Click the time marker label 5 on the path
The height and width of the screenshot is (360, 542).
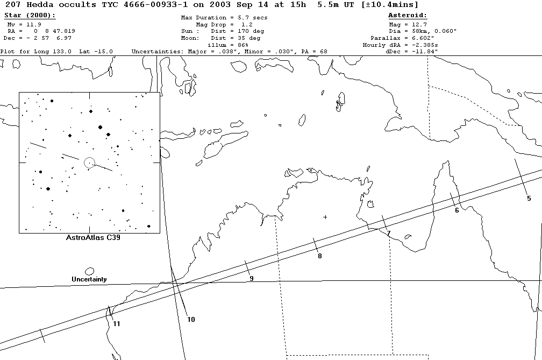tap(529, 199)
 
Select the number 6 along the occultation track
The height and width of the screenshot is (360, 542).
tap(457, 210)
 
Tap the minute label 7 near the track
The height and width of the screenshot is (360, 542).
tap(388, 234)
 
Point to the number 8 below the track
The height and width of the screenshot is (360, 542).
tap(319, 256)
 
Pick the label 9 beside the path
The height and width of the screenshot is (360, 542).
tap(251, 278)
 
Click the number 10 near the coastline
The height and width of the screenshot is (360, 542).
tap(191, 320)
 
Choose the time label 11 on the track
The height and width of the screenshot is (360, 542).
tap(116, 323)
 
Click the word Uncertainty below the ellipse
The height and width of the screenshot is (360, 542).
tap(89, 279)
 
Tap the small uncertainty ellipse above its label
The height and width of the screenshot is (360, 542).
tap(89, 271)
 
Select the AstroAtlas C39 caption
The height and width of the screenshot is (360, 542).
tap(89, 237)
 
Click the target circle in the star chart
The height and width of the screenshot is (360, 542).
tap(89, 162)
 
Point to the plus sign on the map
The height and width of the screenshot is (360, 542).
tap(325, 217)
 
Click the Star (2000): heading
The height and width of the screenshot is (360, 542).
tap(30, 16)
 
